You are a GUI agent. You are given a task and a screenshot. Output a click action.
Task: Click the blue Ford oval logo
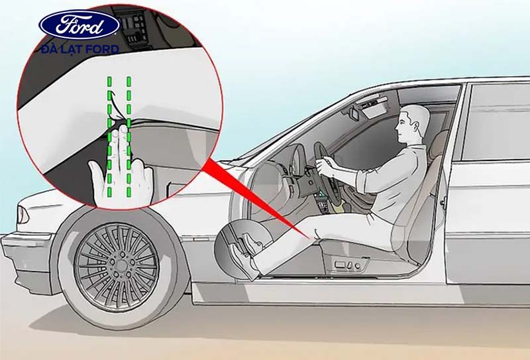pos(79,25)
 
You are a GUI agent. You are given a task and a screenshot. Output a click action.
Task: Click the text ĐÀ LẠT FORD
pos(80,50)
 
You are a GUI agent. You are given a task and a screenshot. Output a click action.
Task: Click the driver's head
pos(412,123)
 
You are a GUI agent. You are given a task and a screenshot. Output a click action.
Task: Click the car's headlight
pos(23,215)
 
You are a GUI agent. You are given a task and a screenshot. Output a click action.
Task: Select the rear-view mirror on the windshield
pos(354,113)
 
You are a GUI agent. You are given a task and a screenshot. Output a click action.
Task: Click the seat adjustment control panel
pos(348,264)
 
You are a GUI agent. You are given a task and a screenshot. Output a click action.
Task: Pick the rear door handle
pos(443,202)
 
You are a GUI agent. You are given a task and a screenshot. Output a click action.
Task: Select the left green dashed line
pos(109,137)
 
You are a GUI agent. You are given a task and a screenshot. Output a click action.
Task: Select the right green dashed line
pos(129,137)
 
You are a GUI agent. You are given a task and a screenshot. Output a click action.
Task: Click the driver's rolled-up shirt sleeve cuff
pos(362,181)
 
